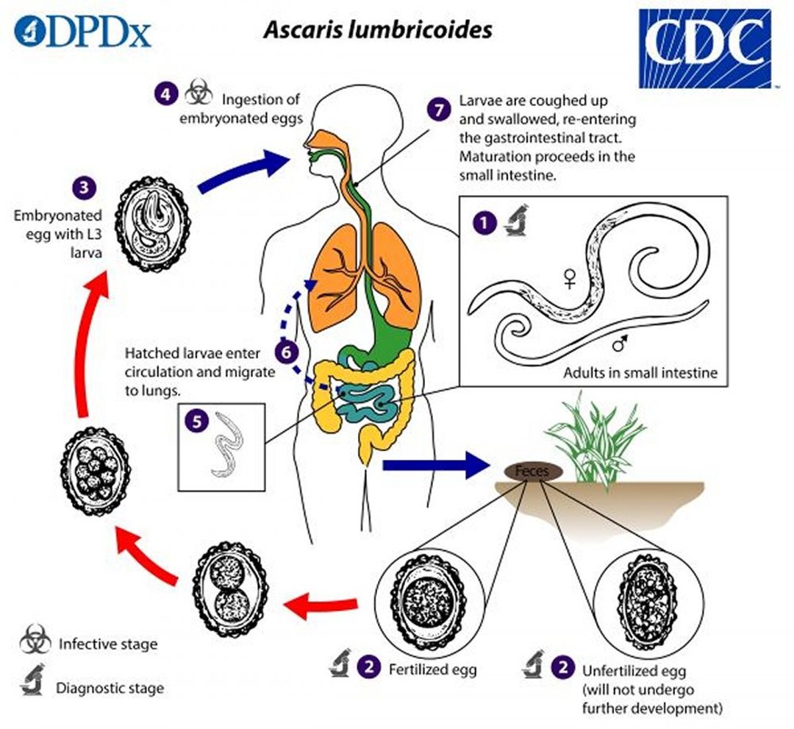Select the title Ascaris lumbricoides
[379, 30]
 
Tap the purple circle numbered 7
[438, 110]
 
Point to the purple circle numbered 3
[87, 186]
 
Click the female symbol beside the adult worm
[568, 278]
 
